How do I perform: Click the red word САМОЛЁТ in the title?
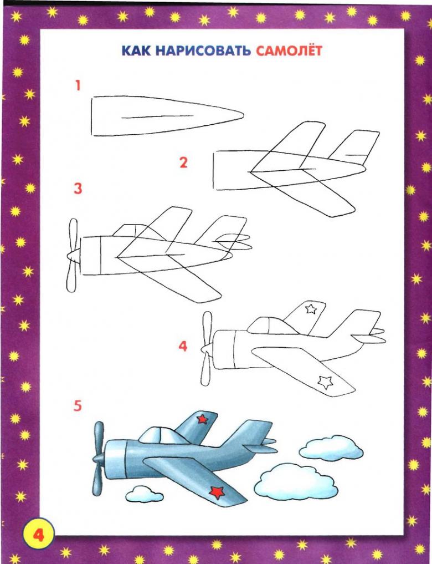pyautogui.click(x=289, y=50)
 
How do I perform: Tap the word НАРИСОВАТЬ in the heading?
pyautogui.click(x=203, y=50)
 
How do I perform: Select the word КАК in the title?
pyautogui.click(x=136, y=50)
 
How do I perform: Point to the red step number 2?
pyautogui.click(x=183, y=162)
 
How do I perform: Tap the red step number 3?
pyautogui.click(x=78, y=189)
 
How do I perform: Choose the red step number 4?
pyautogui.click(x=183, y=346)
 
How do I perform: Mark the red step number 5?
pyautogui.click(x=78, y=406)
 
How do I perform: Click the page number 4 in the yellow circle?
pyautogui.click(x=38, y=535)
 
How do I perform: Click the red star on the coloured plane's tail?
pyautogui.click(x=202, y=419)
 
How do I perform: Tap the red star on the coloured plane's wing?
pyautogui.click(x=217, y=492)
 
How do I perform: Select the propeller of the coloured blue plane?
pyautogui.click(x=97, y=459)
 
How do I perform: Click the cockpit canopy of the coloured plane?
pyautogui.click(x=162, y=435)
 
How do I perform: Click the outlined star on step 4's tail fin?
pyautogui.click(x=311, y=308)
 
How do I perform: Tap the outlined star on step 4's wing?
pyautogui.click(x=325, y=382)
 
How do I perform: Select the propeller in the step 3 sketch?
pyautogui.click(x=73, y=255)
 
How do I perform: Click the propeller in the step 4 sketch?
pyautogui.click(x=207, y=348)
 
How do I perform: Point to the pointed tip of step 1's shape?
pyautogui.click(x=243, y=115)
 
